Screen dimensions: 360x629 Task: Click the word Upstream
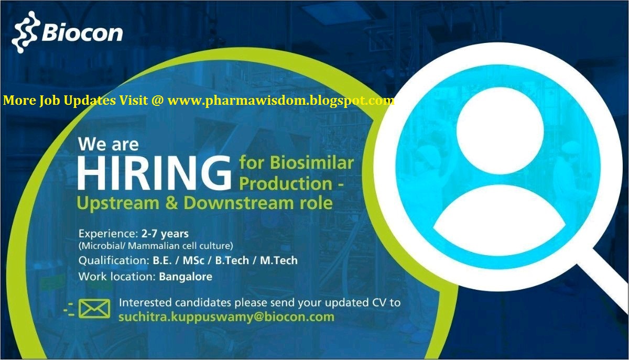pos(114,203)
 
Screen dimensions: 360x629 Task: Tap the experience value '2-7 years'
pos(165,233)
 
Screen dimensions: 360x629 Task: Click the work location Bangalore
pos(186,277)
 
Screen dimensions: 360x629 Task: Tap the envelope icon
pos(94,309)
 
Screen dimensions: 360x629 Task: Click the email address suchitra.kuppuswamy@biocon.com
pos(226,317)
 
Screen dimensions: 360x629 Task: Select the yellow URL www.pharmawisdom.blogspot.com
pos(281,101)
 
